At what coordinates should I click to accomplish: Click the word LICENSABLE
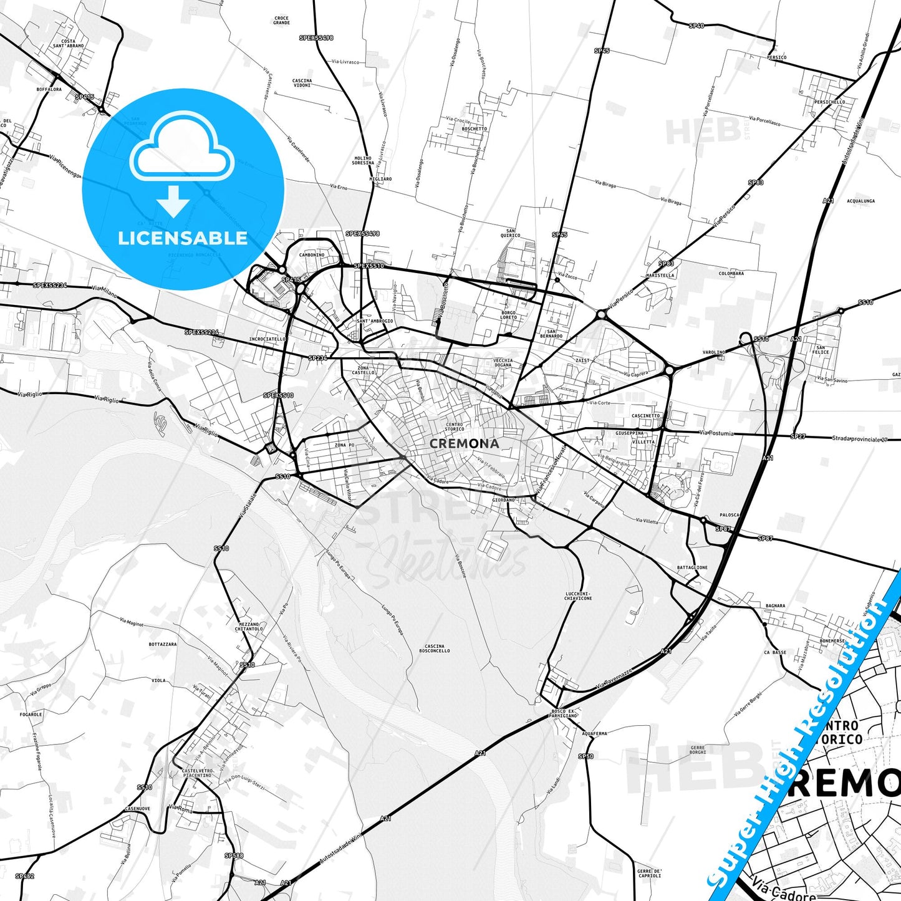click(183, 238)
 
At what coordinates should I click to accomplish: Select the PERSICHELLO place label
click(830, 102)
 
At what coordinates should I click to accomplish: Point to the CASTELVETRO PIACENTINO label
click(198, 773)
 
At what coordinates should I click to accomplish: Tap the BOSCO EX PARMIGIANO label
click(564, 713)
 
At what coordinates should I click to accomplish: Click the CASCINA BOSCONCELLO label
click(435, 648)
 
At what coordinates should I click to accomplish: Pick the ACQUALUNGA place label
click(860, 201)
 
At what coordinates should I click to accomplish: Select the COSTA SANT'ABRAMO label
click(69, 44)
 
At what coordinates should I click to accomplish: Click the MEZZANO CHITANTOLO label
click(249, 627)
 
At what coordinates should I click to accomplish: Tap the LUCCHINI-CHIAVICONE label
click(578, 595)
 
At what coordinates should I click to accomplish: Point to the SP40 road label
click(696, 26)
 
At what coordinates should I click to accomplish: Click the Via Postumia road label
click(716, 433)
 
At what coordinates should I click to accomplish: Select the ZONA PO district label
click(344, 445)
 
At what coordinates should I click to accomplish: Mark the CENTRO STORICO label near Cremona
click(455, 426)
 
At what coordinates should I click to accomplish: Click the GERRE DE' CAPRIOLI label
click(649, 873)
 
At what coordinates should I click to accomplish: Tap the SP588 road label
click(234, 855)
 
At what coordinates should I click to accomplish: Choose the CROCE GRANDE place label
click(281, 20)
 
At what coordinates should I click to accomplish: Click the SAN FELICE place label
click(821, 350)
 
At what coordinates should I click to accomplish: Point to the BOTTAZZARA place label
click(163, 644)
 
